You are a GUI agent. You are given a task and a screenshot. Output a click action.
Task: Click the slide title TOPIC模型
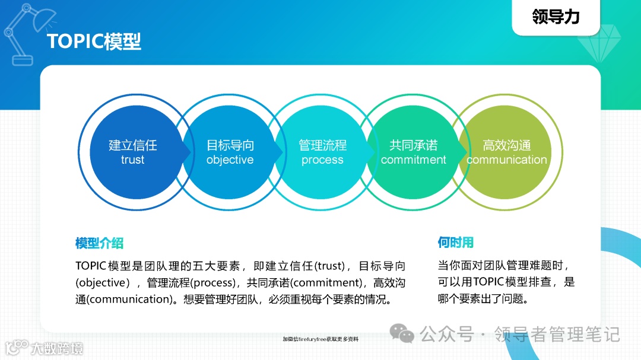pyautogui.click(x=94, y=42)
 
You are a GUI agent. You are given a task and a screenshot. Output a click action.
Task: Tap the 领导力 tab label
pyautogui.click(x=556, y=17)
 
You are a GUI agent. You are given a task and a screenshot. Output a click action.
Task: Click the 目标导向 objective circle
pyautogui.click(x=230, y=152)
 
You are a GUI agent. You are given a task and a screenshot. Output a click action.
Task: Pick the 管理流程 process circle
pyautogui.click(x=322, y=152)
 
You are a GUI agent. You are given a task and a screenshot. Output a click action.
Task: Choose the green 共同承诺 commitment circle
pyautogui.click(x=414, y=152)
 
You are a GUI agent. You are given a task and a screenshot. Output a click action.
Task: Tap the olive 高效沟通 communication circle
pyautogui.click(x=506, y=152)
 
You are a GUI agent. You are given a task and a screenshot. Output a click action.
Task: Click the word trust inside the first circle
pyautogui.click(x=132, y=160)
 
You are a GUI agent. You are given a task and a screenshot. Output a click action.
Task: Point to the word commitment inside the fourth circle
pyautogui.click(x=414, y=160)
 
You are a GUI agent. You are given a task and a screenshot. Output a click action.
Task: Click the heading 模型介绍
pyautogui.click(x=99, y=243)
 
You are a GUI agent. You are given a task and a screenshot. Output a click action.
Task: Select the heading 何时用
pyautogui.click(x=455, y=243)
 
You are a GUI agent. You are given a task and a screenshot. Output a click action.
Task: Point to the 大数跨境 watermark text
pyautogui.click(x=57, y=348)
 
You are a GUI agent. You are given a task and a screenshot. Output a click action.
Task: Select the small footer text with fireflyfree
pyautogui.click(x=320, y=339)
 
